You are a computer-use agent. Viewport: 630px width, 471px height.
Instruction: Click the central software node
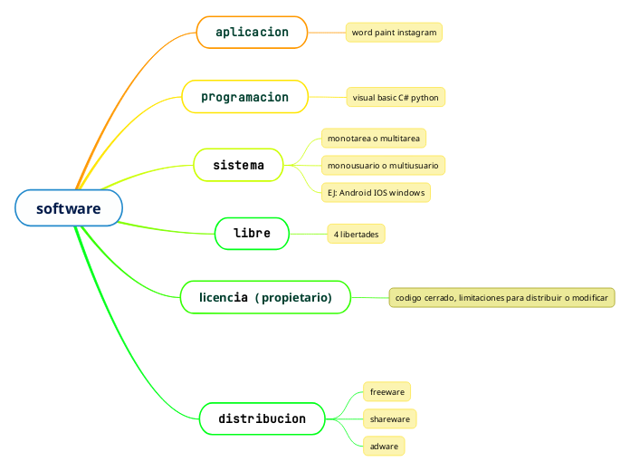pyautogui.click(x=69, y=208)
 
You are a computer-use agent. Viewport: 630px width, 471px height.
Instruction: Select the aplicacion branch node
pyautogui.click(x=252, y=32)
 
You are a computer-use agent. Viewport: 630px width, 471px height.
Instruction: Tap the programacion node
pyautogui.click(x=244, y=97)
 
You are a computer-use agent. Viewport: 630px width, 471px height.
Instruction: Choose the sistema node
pyautogui.click(x=238, y=165)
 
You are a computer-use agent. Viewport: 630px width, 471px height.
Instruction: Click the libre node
pyautogui.click(x=252, y=234)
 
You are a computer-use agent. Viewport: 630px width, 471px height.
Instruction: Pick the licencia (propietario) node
pyautogui.click(x=265, y=297)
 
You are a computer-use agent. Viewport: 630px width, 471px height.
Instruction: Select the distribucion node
pyautogui.click(x=262, y=418)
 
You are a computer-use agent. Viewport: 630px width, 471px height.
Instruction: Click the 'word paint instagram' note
pyautogui.click(x=394, y=33)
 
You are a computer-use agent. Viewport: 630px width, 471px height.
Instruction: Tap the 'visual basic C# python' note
pyautogui.click(x=396, y=97)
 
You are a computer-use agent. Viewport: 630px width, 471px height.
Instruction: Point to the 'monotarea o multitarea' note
pyautogui.click(x=373, y=138)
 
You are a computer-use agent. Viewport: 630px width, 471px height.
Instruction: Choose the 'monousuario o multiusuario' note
pyautogui.click(x=383, y=166)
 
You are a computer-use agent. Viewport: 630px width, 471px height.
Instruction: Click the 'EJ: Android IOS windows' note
pyautogui.click(x=376, y=193)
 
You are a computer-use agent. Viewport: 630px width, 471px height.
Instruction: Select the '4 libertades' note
pyautogui.click(x=356, y=235)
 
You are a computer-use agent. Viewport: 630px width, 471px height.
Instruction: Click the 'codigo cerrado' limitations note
pyautogui.click(x=501, y=297)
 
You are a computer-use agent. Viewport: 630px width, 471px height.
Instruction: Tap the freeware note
pyautogui.click(x=387, y=391)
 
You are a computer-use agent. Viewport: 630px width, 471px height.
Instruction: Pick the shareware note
pyautogui.click(x=390, y=419)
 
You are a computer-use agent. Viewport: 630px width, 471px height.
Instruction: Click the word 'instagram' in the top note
pyautogui.click(x=417, y=33)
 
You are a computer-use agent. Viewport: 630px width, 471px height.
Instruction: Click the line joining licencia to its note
pyautogui.click(x=369, y=297)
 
